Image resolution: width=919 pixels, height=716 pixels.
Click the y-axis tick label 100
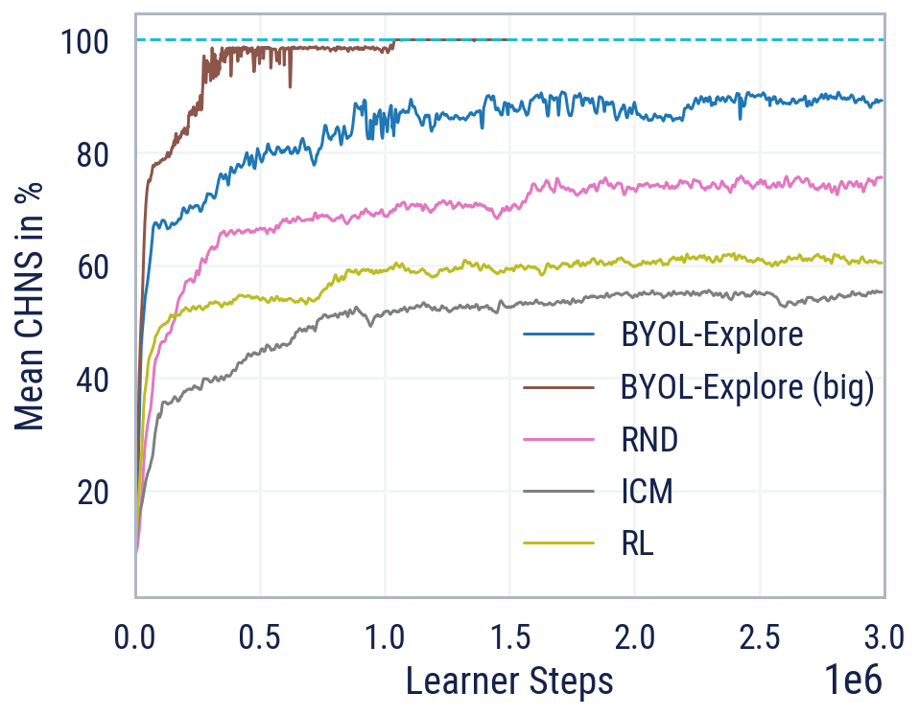click(87, 42)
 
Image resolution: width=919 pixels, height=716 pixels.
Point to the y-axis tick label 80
click(95, 154)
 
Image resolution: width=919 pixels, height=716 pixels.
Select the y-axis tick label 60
click(95, 266)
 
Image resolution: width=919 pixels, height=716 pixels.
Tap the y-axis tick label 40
click(95, 380)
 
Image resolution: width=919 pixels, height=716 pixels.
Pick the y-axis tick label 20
click(95, 492)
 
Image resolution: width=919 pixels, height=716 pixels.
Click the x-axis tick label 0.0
click(135, 635)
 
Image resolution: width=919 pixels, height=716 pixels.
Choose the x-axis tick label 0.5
click(260, 635)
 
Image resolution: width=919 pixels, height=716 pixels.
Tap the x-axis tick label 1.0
click(385, 635)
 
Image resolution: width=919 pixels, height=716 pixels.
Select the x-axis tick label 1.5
click(509, 635)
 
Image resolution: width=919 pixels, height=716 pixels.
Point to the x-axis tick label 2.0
click(634, 635)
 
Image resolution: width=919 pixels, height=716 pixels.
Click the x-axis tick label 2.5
click(759, 635)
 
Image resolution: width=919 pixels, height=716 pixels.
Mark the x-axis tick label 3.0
click(884, 635)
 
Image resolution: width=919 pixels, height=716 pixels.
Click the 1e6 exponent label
click(853, 681)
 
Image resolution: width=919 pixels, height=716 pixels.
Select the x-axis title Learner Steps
click(509, 681)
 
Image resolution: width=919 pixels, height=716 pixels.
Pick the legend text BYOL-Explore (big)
click(747, 388)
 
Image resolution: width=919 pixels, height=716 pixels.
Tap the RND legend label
click(649, 441)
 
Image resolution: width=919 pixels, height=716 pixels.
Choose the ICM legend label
click(647, 493)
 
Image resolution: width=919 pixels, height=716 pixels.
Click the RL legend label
click(637, 544)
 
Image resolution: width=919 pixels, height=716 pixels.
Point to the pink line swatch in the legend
click(557, 441)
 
